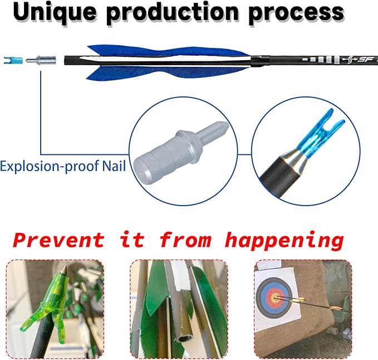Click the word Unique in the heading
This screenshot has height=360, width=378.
[55, 12]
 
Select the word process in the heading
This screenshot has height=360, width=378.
[296, 13]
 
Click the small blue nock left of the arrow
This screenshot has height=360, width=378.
[13, 60]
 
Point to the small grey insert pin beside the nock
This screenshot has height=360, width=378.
[41, 60]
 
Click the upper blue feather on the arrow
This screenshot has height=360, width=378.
[166, 51]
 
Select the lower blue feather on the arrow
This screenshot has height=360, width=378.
[166, 72]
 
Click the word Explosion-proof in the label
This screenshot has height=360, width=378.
[50, 167]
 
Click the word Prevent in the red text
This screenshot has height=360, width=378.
[58, 240]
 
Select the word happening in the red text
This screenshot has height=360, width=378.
[284, 241]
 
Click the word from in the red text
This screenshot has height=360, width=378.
[185, 240]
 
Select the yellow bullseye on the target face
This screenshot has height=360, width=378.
[275, 296]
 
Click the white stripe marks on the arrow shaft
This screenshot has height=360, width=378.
[320, 59]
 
